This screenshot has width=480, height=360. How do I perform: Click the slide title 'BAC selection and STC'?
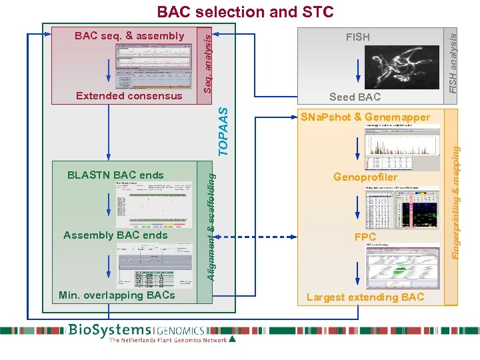(245, 12)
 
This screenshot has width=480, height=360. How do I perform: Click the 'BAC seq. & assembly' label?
(129, 36)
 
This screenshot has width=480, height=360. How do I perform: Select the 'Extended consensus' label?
(129, 96)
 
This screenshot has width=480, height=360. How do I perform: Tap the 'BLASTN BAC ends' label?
(115, 175)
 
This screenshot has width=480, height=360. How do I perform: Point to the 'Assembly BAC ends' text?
(115, 235)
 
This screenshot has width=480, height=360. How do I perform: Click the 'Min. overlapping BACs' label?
(117, 295)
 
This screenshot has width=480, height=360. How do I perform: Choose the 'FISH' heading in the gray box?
(357, 37)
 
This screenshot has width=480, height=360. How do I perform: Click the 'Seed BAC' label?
(355, 97)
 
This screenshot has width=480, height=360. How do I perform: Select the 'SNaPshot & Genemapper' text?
(365, 117)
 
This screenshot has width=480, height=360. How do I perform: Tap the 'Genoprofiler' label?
(365, 177)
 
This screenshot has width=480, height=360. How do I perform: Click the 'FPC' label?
(365, 237)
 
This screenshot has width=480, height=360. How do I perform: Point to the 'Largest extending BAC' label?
(365, 297)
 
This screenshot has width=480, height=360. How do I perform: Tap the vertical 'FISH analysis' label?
(453, 63)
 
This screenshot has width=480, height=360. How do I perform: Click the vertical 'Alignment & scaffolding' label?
(210, 225)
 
